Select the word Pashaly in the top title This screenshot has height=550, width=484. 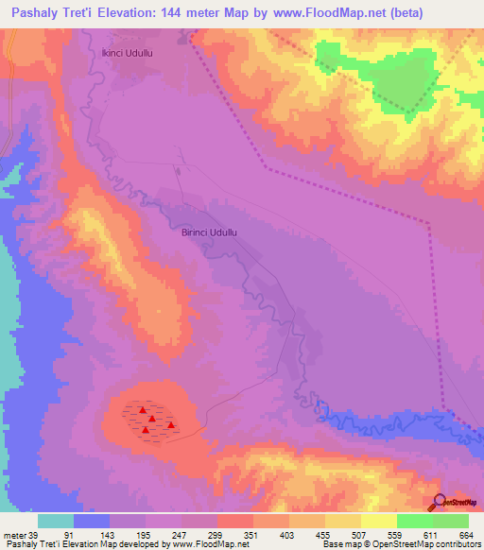point(29,12)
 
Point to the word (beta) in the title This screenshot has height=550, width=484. point(404,12)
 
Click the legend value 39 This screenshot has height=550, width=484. point(31,535)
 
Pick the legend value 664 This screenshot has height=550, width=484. point(464,535)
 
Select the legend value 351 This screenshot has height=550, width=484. point(251,535)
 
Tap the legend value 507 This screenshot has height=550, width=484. point(357,535)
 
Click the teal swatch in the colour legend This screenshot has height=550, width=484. point(56,521)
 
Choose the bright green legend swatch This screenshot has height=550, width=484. point(414,521)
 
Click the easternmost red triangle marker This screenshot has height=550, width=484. point(170,425)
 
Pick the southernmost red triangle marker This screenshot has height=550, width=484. point(145,431)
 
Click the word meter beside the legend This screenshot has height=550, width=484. point(13,535)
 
